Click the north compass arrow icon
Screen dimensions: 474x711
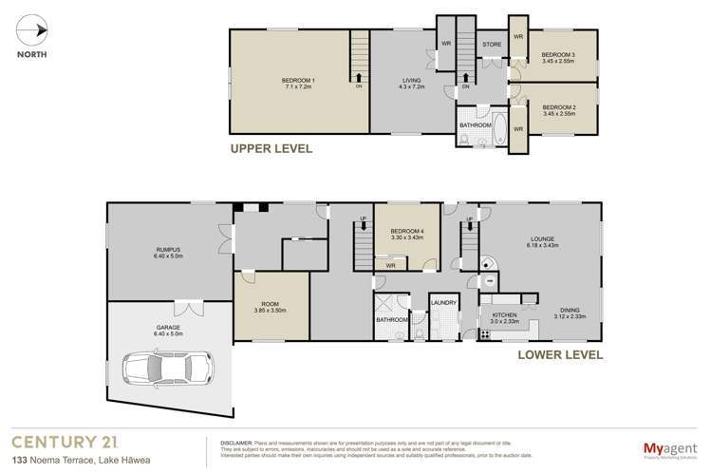[38, 30]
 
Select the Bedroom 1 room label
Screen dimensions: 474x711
[299, 83]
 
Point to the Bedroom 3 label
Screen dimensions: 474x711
[558, 59]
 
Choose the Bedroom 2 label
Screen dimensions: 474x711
[558, 111]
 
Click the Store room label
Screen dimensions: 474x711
[492, 44]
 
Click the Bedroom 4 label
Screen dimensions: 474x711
[407, 233]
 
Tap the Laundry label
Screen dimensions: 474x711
[443, 304]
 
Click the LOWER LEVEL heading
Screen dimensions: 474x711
[560, 355]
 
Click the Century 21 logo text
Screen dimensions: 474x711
[67, 440]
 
